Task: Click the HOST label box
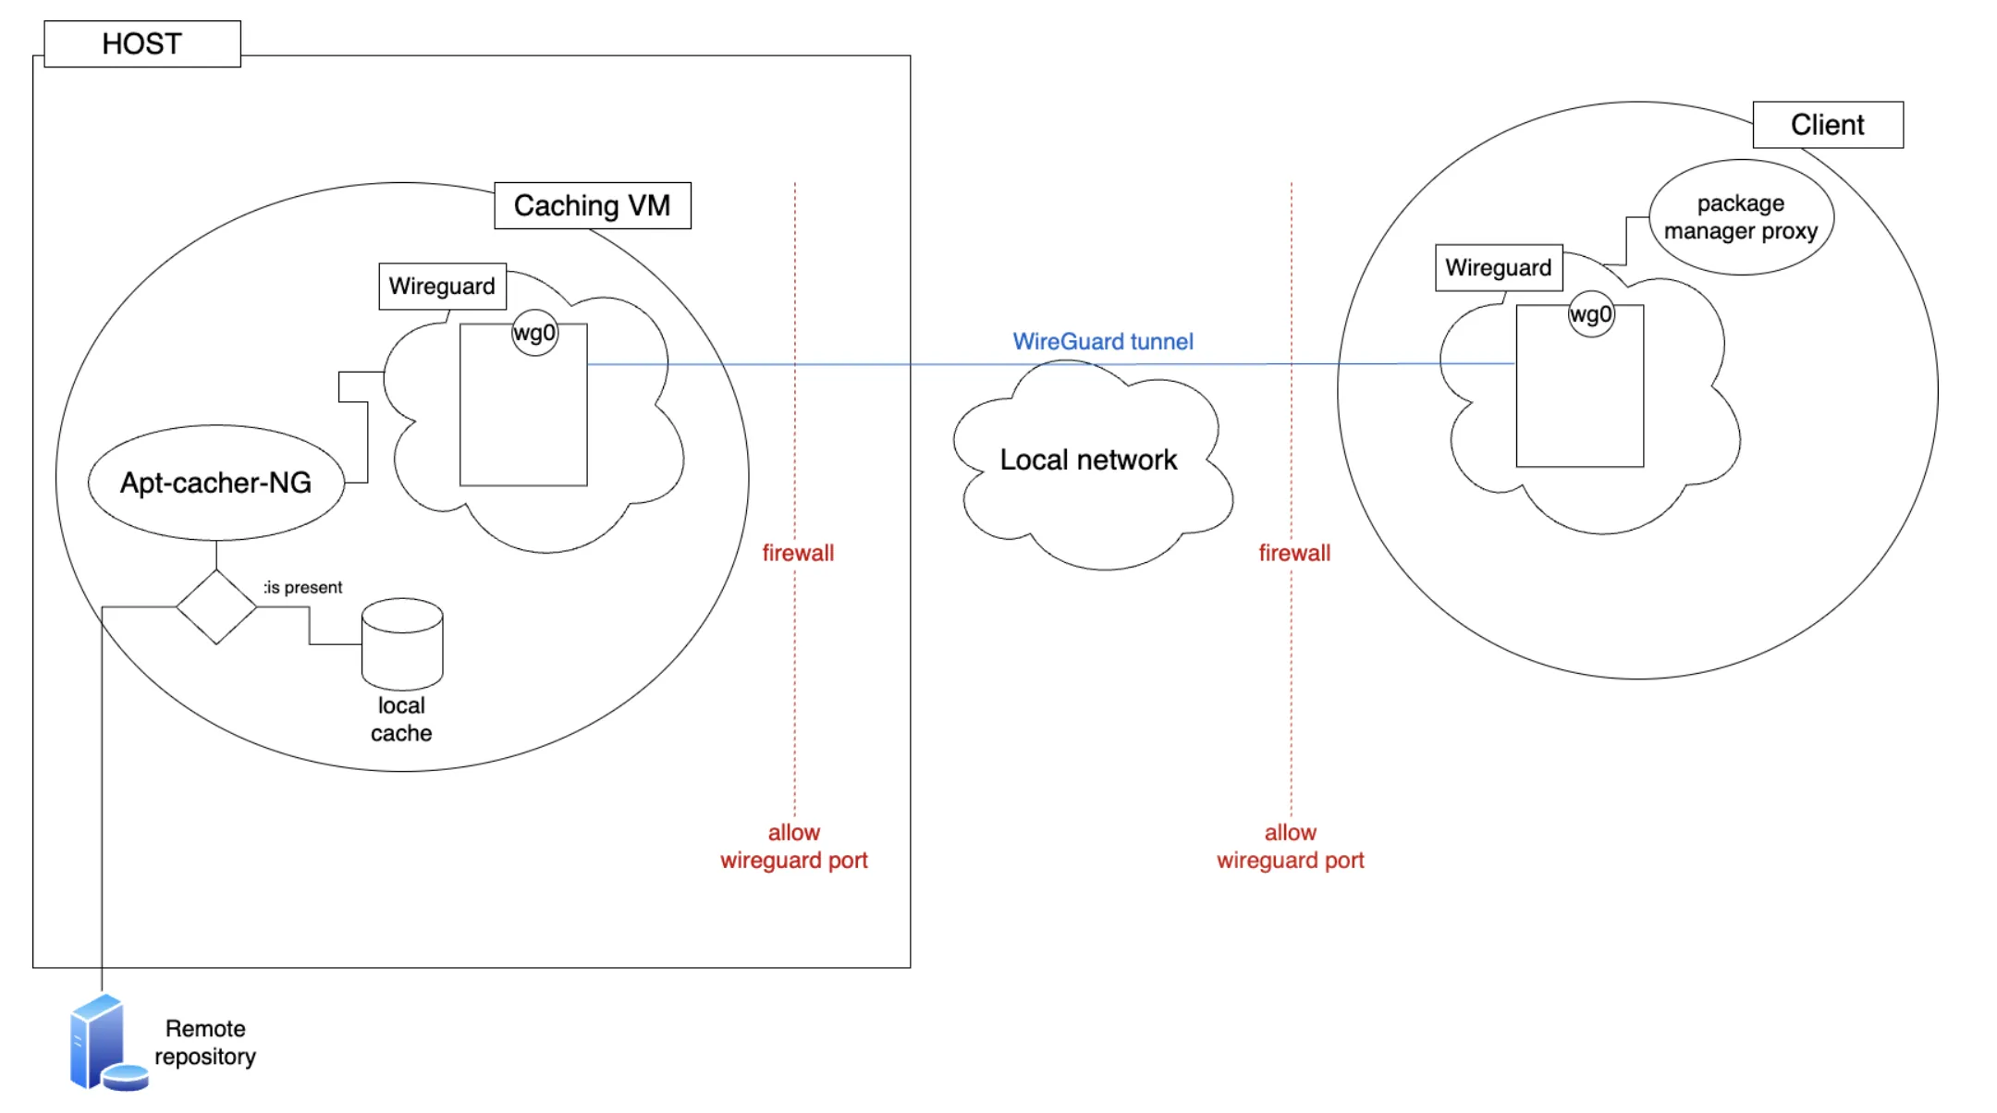pos(142,43)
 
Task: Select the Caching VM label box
pos(593,205)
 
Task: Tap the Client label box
pos(1828,125)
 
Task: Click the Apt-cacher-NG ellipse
pos(215,483)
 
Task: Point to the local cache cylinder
pos(402,644)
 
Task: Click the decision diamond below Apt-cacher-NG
pos(216,607)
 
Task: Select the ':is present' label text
pos(303,587)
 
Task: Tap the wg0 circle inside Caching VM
pos(534,333)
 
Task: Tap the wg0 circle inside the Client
pos(1590,314)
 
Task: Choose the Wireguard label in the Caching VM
pos(442,287)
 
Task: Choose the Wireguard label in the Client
pos(1499,268)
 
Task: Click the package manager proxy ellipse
pos(1741,217)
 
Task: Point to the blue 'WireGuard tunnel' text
pos(1103,341)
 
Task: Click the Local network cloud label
pos(1088,459)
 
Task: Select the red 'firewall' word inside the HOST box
pos(798,553)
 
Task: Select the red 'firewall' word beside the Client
pos(1294,553)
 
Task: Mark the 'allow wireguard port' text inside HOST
pos(794,847)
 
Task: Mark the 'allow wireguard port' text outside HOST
pos(1291,847)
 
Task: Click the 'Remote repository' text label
pos(205,1043)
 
